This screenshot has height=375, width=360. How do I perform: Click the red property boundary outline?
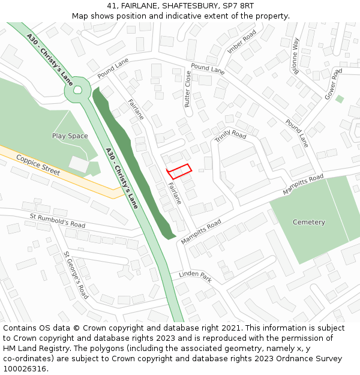179,171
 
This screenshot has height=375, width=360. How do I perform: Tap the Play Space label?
70,136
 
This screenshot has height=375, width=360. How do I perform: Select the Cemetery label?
308,223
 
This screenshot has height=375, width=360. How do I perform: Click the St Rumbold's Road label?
58,220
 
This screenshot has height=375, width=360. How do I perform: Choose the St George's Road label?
76,275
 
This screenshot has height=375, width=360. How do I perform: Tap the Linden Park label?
195,277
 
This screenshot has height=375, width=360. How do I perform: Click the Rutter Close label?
188,89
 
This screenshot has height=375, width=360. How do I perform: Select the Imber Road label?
242,41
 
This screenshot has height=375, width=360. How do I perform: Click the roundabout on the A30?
77,90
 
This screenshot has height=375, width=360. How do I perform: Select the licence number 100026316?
25,369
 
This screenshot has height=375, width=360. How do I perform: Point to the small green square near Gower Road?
340,99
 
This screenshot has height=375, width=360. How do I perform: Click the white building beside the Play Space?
79,163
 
